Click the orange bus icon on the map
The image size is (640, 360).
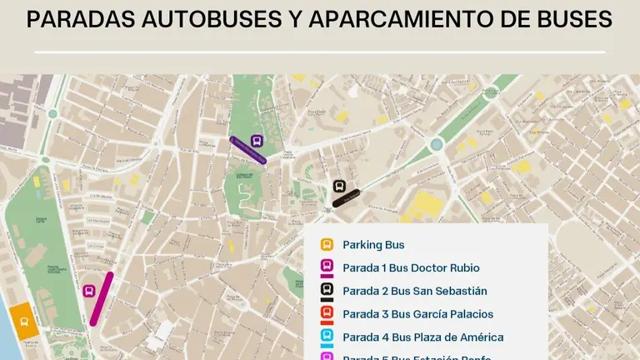click(23, 317)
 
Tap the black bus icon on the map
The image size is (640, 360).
click(339, 186)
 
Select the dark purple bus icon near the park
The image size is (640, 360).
click(257, 141)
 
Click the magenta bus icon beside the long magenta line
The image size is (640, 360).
click(89, 291)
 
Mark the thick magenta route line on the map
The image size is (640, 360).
click(102, 298)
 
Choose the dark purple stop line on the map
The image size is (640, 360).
click(247, 151)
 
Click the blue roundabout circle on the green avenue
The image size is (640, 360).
click(436, 145)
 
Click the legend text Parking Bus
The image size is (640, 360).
click(373, 245)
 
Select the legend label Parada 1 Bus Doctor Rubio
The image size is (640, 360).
click(411, 268)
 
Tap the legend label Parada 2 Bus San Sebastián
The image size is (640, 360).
click(414, 291)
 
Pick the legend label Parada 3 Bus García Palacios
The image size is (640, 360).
click(417, 314)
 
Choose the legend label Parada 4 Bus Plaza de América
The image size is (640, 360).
click(422, 337)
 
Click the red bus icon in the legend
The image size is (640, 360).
click(327, 314)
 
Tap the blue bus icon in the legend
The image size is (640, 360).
click(327, 337)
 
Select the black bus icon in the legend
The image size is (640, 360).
click(327, 291)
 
